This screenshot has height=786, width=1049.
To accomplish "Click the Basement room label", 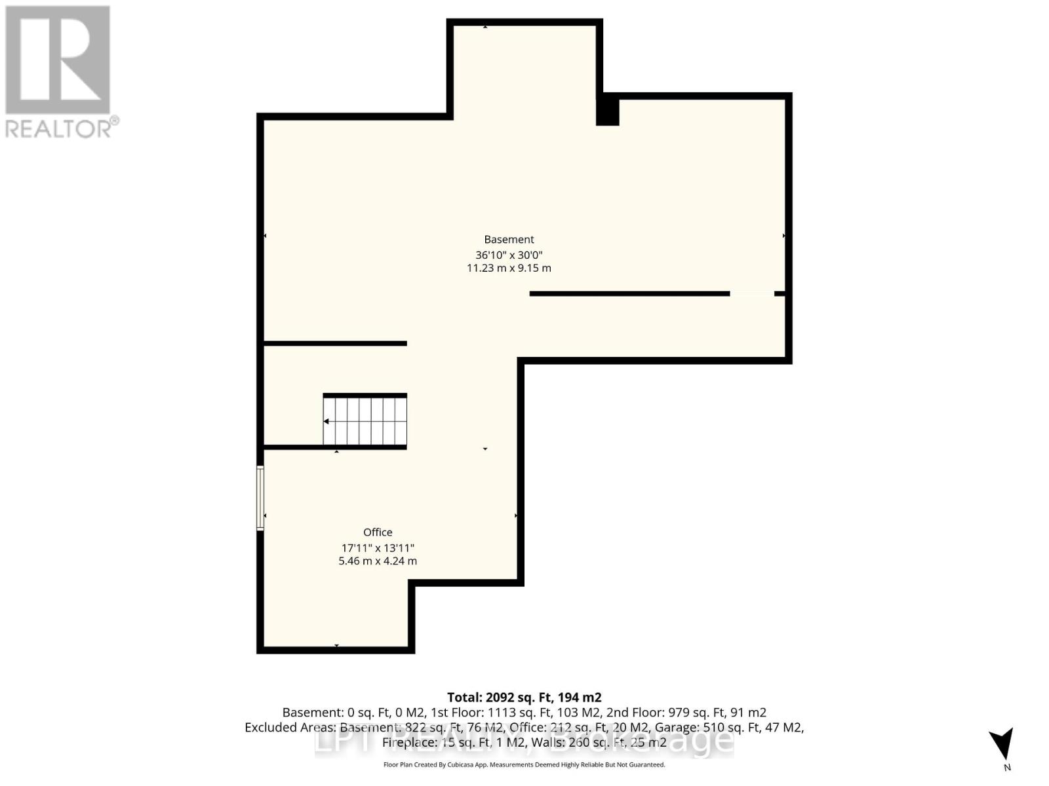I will [509, 240].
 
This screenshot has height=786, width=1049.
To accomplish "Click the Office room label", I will [378, 533].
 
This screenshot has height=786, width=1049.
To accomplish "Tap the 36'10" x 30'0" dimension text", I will [509, 255].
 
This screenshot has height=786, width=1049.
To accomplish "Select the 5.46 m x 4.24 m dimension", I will [378, 561].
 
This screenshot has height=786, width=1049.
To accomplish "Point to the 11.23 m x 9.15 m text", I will [509, 269].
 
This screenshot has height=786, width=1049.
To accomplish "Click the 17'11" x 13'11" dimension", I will [378, 548].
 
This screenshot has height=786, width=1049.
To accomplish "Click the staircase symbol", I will [365, 421].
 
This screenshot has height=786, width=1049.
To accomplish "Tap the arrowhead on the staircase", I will [327, 421].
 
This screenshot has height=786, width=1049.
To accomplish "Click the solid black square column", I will [608, 110].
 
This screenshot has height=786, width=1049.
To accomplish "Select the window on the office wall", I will [260, 498].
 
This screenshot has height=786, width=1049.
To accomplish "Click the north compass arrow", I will [1002, 744].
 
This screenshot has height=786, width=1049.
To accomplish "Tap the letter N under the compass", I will [1007, 768].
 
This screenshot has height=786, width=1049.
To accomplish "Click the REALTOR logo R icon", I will [58, 60].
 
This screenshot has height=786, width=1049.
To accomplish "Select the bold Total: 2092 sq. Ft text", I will [524, 698].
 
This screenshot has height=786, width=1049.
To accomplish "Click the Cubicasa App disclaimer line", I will [524, 764].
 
